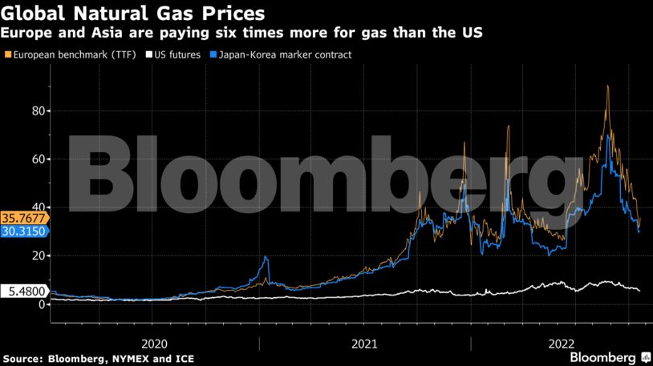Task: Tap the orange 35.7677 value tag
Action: pyautogui.click(x=24, y=217)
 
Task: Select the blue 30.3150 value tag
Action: pyautogui.click(x=24, y=231)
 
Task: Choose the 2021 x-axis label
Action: pyautogui.click(x=365, y=343)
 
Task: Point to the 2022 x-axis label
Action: pyautogui.click(x=560, y=343)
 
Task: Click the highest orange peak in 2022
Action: pyautogui.click(x=607, y=86)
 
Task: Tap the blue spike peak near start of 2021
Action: pyautogui.click(x=265, y=257)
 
